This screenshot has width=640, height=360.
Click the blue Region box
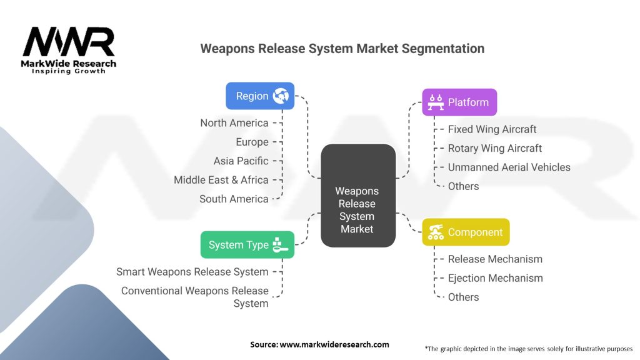pyautogui.click(x=259, y=96)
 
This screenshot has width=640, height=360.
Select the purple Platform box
pyautogui.click(x=459, y=102)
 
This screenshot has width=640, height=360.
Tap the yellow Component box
pyautogui.click(x=466, y=232)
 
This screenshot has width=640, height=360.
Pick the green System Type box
pyautogui.click(x=247, y=245)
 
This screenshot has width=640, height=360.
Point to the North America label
pyautogui.click(x=234, y=122)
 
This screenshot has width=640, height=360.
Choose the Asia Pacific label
pyautogui.click(x=241, y=161)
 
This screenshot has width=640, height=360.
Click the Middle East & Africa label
pyautogui.click(x=221, y=180)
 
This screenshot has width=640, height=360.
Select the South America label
pyautogui.click(x=234, y=199)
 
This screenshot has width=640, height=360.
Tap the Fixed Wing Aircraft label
pyautogui.click(x=492, y=129)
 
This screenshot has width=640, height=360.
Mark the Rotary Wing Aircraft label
pyautogui.click(x=495, y=148)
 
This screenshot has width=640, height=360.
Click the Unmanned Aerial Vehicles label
pyautogui.click(x=509, y=167)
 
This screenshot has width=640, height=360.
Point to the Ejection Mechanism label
pyautogui.click(x=496, y=278)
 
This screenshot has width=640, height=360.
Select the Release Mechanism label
pyautogui.click(x=495, y=259)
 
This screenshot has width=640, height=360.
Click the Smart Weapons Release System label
pyautogui.click(x=192, y=272)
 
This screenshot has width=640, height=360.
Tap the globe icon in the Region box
pyautogui.click(x=281, y=96)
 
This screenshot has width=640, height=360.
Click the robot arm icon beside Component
pyautogui.click(x=436, y=232)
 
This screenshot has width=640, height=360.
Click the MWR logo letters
pyautogui.click(x=69, y=42)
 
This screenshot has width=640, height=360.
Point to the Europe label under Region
pyautogui.click(x=252, y=142)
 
